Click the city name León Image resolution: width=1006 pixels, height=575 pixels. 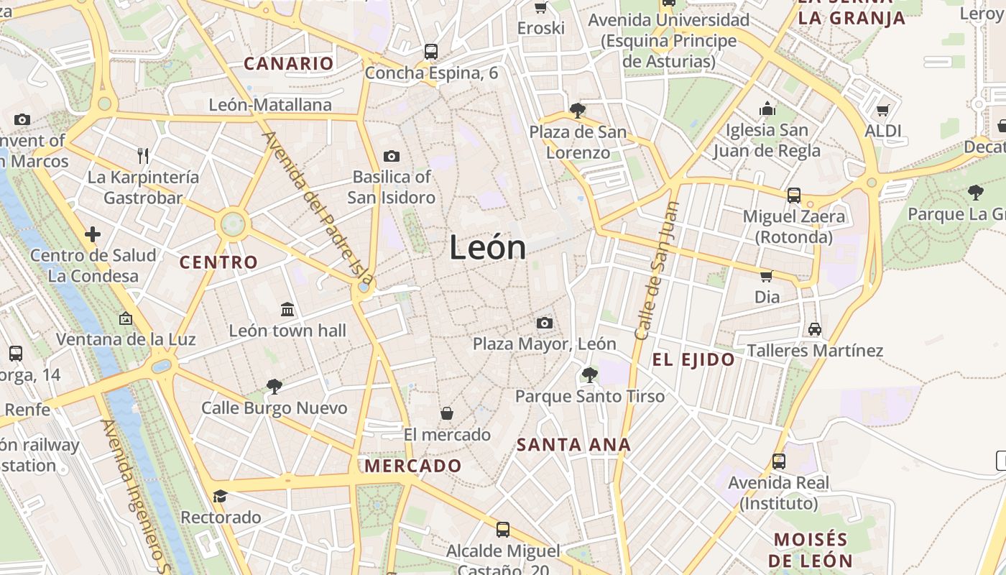pos(488,248)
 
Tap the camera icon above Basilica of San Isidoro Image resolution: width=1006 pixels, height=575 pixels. pos(392,156)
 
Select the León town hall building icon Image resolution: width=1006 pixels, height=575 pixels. pos(287,309)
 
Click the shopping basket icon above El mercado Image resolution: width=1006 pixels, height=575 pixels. pos(447,413)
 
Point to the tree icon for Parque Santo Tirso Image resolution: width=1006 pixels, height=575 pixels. pos(590,374)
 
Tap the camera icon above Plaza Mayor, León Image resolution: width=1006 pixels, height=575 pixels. pos(545,323)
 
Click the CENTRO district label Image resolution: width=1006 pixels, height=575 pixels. pos(218,262)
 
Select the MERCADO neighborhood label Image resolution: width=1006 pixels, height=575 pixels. pos(413,466)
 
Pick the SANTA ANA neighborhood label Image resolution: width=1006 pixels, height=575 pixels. pos(573,445)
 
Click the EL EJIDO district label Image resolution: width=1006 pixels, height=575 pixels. pos(693,360)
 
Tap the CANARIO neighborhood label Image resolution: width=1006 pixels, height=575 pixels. pos(289,63)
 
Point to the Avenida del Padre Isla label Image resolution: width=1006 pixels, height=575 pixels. pos(318,208)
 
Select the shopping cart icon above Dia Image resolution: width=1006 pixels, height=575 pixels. pos(767,276)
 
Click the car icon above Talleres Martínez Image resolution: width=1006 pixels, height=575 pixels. pos(814,329)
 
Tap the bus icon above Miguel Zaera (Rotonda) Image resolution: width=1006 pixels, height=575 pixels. pos(794,195)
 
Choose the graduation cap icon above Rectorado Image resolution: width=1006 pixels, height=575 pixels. pos(220,496)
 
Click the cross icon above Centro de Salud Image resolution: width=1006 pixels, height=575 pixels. pos(93,234)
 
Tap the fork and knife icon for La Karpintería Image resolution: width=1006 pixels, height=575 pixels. pos(142,155)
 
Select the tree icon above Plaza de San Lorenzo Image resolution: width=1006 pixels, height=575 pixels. pos(577,111)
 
